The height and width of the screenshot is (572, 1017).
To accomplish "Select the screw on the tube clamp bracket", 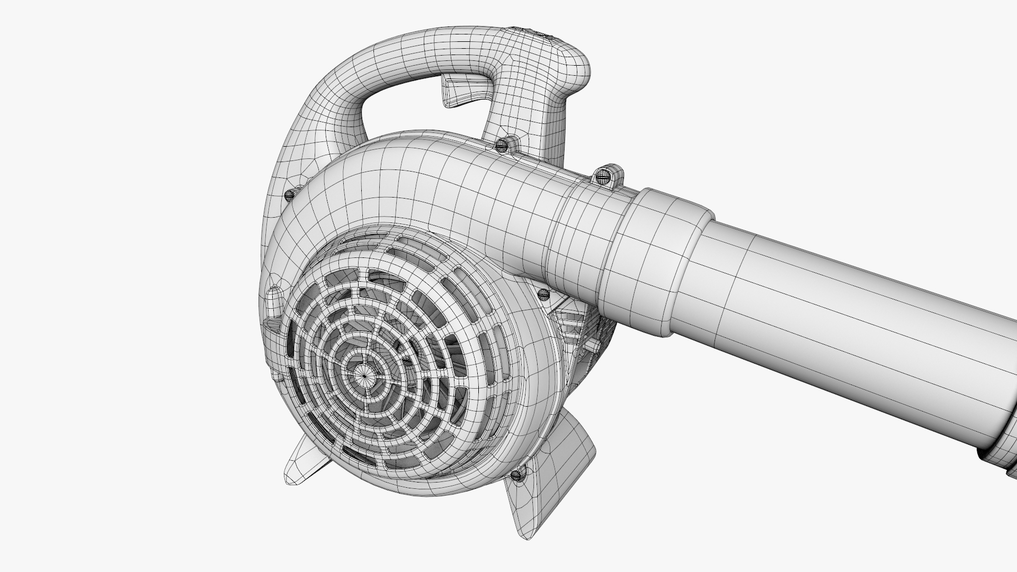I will click(604, 175).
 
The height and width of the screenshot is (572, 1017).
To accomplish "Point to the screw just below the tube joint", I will click(543, 293).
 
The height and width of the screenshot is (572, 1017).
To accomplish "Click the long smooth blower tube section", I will click(847, 328).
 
